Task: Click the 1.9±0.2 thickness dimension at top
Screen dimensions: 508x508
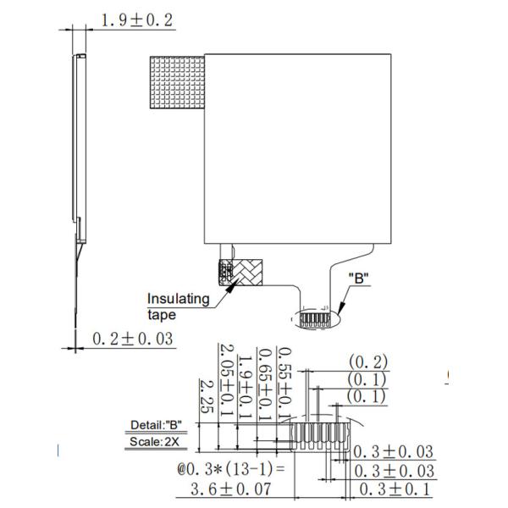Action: tap(137, 20)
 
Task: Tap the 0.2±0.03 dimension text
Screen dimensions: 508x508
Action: tap(133, 339)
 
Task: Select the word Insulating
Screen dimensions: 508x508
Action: tap(178, 299)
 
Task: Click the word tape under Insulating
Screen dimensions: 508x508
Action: tap(162, 315)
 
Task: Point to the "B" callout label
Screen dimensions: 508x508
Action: tap(359, 278)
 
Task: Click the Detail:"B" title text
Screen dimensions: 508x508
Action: tap(156, 425)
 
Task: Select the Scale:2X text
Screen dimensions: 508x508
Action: tap(154, 441)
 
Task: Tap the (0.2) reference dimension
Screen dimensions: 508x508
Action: tap(368, 362)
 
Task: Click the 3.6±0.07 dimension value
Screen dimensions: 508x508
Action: tap(230, 489)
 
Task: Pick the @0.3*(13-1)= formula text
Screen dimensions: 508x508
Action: tap(231, 469)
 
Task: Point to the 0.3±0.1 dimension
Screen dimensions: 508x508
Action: tap(395, 489)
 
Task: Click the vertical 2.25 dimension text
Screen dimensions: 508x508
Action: tap(207, 396)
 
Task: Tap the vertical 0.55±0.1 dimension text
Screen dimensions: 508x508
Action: tap(285, 384)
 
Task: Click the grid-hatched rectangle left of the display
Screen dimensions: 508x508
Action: tap(177, 82)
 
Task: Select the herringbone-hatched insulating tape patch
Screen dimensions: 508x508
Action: tap(240, 273)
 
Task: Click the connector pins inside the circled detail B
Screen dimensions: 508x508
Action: tap(315, 319)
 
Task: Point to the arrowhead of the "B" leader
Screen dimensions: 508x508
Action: tap(340, 308)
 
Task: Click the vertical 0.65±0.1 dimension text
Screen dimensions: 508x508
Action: tap(266, 384)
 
